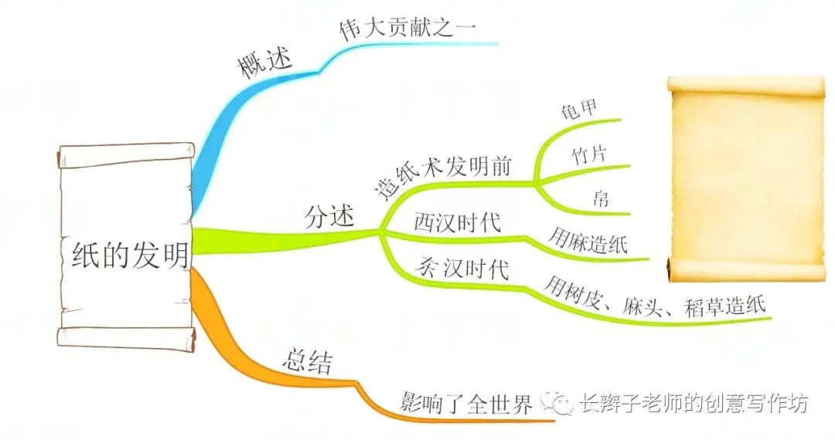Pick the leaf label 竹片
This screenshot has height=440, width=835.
(x=588, y=154)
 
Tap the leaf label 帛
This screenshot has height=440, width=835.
(x=601, y=198)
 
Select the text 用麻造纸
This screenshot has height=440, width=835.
(x=588, y=241)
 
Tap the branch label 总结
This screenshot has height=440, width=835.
(x=307, y=360)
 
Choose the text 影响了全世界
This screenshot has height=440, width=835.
(x=466, y=403)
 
